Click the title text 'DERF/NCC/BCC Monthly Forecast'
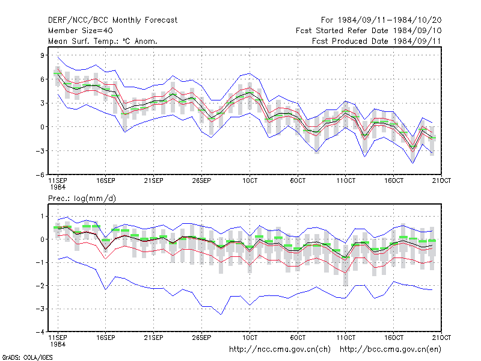click(112, 20)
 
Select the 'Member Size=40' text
click(81, 31)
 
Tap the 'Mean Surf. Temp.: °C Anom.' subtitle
click(102, 41)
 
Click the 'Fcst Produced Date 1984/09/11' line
click(376, 41)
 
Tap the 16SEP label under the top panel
click(106, 181)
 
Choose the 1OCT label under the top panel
click(250, 181)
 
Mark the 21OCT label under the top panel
click(441, 181)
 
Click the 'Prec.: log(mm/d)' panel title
click(82, 199)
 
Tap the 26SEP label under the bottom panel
click(201, 338)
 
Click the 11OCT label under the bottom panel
click(346, 338)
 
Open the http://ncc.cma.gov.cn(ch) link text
click(280, 350)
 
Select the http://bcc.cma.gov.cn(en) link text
click(390, 350)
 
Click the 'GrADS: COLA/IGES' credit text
click(27, 357)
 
